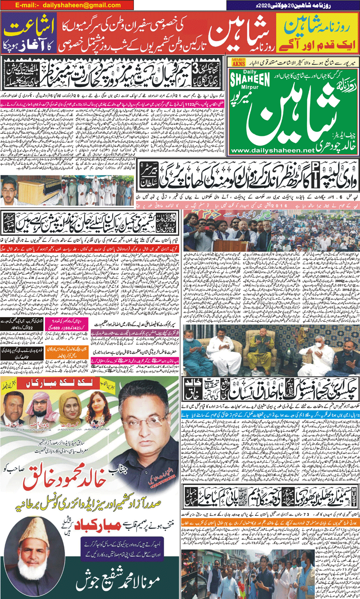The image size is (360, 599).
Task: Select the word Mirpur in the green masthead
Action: click(249, 89)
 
